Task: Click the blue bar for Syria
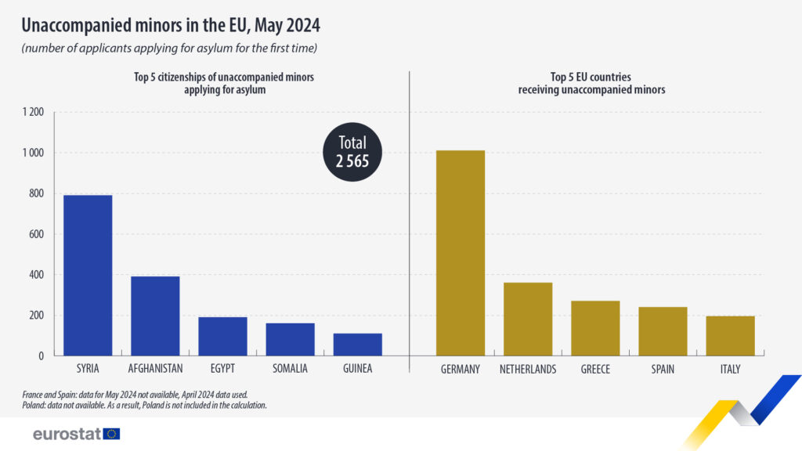[x=88, y=276]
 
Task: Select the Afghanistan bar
[x=155, y=316]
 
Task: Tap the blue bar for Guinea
[x=357, y=345]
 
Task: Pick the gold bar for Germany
[x=461, y=253]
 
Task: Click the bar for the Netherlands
[x=528, y=319]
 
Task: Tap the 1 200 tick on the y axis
[x=32, y=113]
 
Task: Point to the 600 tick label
[x=36, y=234]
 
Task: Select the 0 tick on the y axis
[x=42, y=356]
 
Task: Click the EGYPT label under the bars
[x=222, y=369]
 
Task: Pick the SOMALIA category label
[x=290, y=369]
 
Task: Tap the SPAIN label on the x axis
[x=663, y=369]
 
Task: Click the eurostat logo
[x=76, y=434]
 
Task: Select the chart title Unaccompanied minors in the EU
[x=171, y=26]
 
